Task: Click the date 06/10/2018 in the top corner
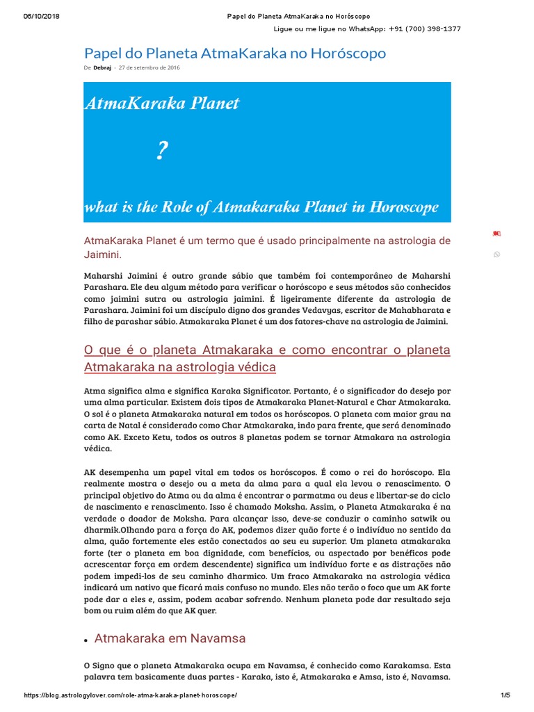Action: [41, 16]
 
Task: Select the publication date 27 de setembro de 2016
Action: [149, 68]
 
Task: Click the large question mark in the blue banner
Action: [162, 151]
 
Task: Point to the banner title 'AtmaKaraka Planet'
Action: [161, 104]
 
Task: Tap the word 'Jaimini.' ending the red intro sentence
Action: [102, 254]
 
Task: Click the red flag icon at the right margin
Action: [496, 233]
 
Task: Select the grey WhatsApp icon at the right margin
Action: [496, 254]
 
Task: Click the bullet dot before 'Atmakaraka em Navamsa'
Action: [86, 639]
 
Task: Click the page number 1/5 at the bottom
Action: [505, 696]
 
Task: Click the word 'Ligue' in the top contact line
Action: [284, 29]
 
